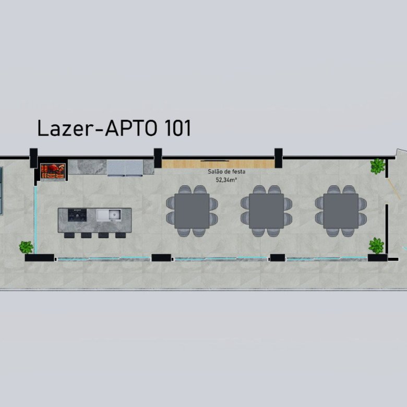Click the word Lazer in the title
coord(66,128)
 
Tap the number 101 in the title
coord(177,128)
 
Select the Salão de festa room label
coord(226,172)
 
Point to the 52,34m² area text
coord(226,179)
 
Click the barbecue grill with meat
coord(53,171)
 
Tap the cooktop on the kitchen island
coord(77,215)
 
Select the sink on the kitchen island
coord(109,216)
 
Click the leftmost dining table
coord(192,211)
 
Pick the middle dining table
coord(266,211)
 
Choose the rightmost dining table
coord(341,211)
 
